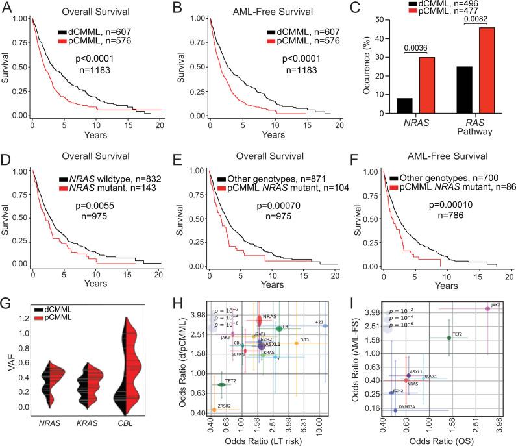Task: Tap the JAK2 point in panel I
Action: (487, 309)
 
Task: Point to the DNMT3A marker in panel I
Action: (395, 410)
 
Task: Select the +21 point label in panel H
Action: (319, 322)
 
